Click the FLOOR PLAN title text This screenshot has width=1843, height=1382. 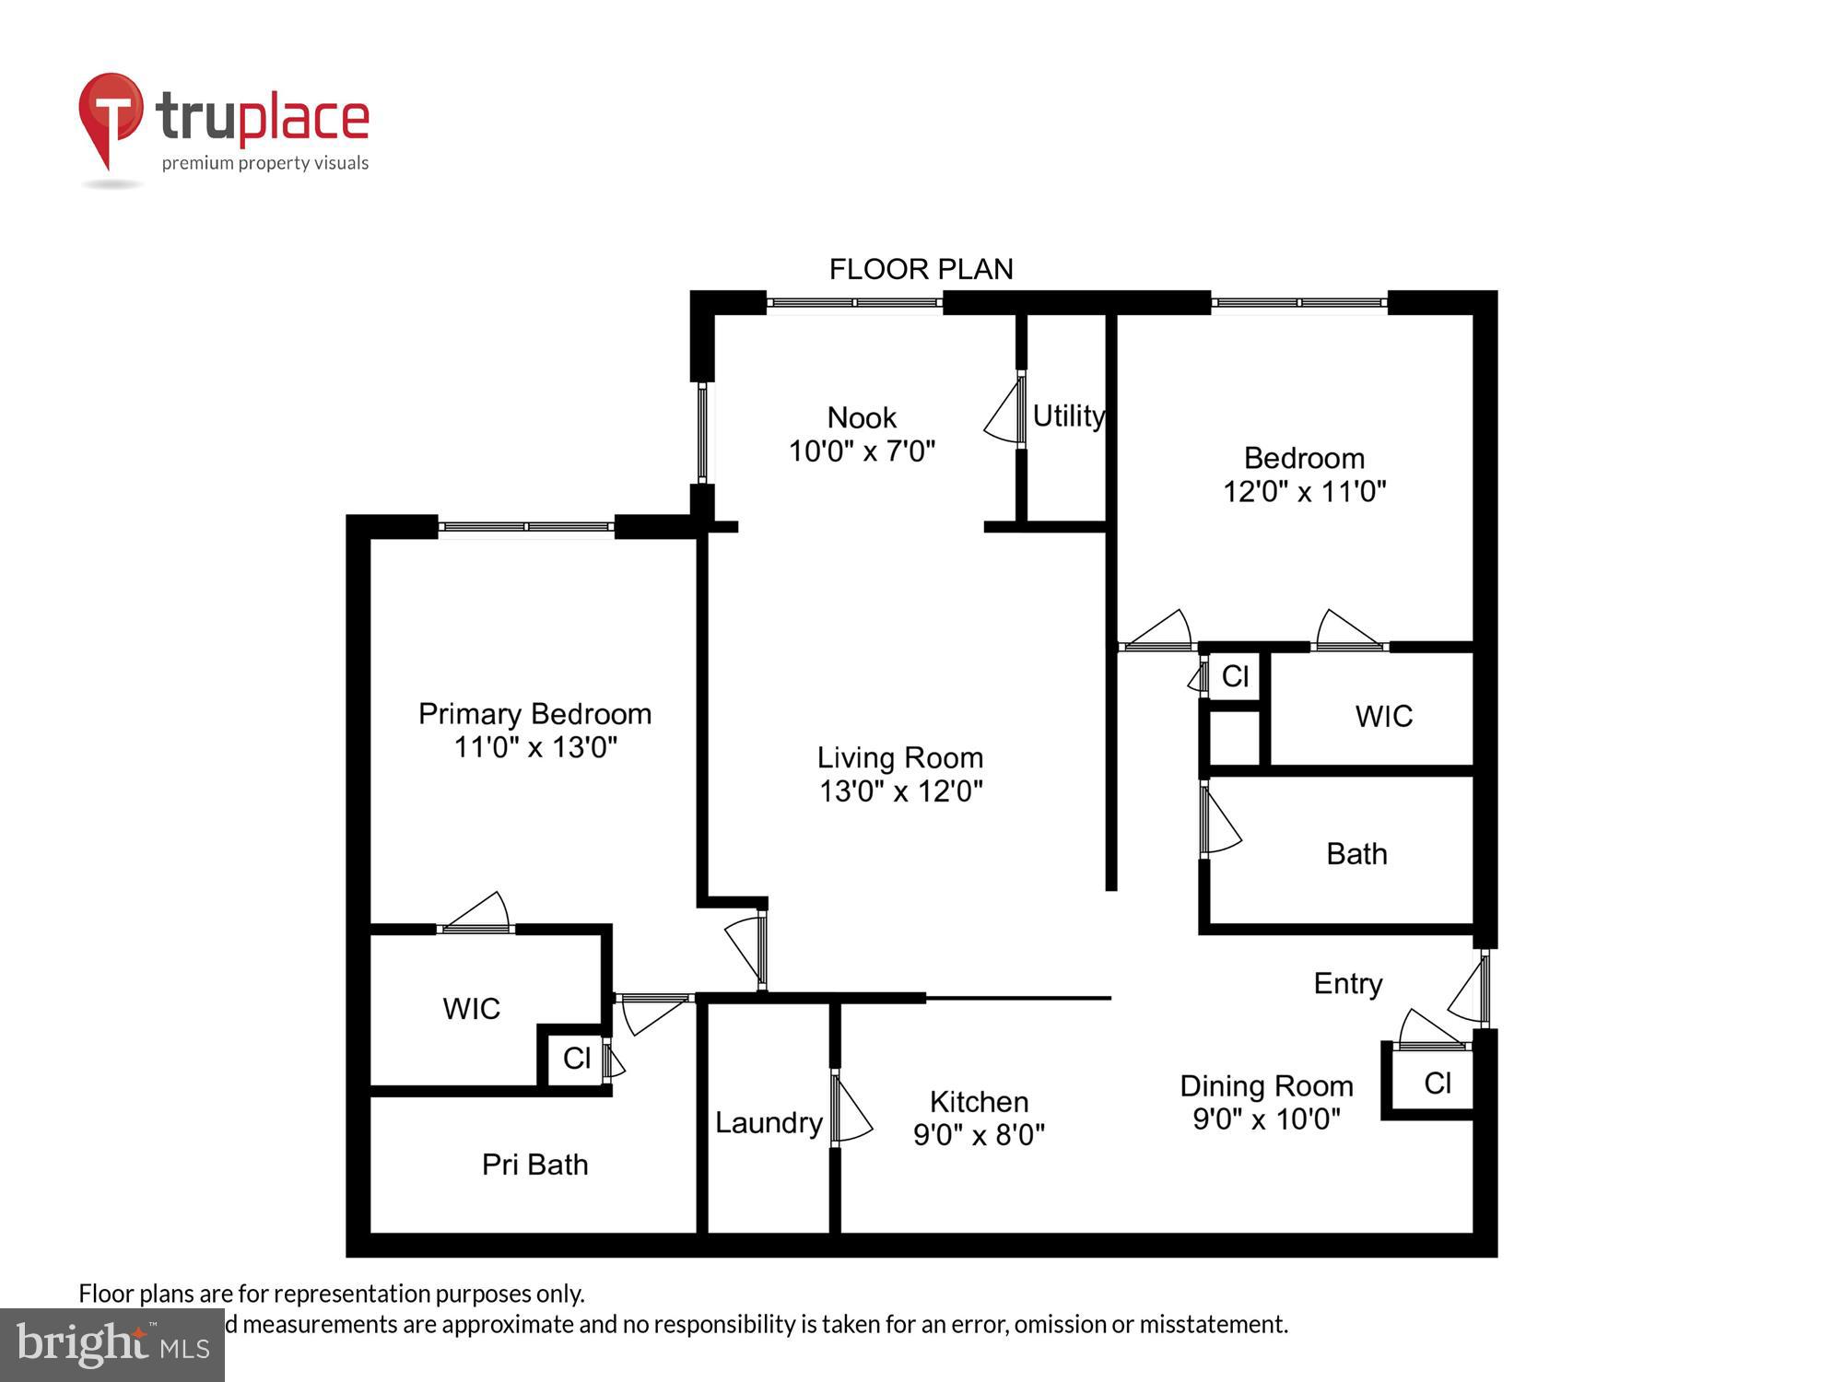[x=921, y=269]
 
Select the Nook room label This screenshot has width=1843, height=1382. [x=862, y=417]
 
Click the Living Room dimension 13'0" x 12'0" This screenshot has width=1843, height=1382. [x=900, y=791]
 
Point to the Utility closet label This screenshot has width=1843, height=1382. [x=1067, y=416]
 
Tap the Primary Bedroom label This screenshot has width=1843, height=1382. [x=534, y=714]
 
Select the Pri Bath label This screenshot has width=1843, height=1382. [x=534, y=1165]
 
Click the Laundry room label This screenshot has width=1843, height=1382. [x=768, y=1122]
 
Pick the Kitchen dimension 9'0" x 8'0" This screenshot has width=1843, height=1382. [x=979, y=1135]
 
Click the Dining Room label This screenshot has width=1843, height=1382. [x=1266, y=1086]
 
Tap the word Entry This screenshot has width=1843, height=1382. [x=1347, y=984]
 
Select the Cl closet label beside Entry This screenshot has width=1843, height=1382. [x=1437, y=1083]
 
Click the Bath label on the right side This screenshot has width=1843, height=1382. [x=1356, y=854]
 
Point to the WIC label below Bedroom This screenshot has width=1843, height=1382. [x=1383, y=717]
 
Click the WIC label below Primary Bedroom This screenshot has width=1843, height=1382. [x=471, y=1009]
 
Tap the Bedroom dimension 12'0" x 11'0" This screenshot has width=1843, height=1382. [x=1304, y=492]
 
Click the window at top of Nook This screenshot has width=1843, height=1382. [x=854, y=302]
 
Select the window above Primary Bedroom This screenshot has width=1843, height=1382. [x=525, y=527]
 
